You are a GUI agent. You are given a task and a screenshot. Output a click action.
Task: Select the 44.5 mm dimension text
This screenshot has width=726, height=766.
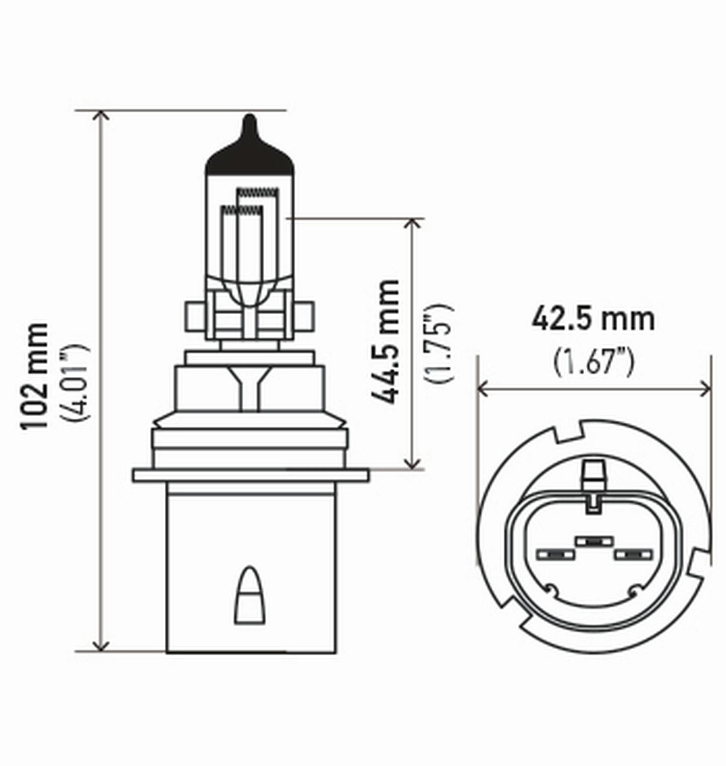point(385,342)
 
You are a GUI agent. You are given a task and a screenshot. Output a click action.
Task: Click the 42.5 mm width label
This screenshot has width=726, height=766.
point(593,320)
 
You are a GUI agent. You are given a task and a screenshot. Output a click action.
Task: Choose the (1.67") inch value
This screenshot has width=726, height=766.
point(593,362)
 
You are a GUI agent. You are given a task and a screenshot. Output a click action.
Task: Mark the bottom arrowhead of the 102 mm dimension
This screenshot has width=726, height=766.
point(102,647)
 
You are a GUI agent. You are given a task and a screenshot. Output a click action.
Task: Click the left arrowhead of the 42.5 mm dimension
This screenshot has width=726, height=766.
point(483,390)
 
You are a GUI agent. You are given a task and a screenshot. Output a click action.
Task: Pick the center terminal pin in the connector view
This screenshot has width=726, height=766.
point(593,541)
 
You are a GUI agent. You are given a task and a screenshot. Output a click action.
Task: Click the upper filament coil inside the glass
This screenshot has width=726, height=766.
point(258,193)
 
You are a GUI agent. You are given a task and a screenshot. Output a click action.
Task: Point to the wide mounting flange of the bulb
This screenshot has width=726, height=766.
point(250,475)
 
